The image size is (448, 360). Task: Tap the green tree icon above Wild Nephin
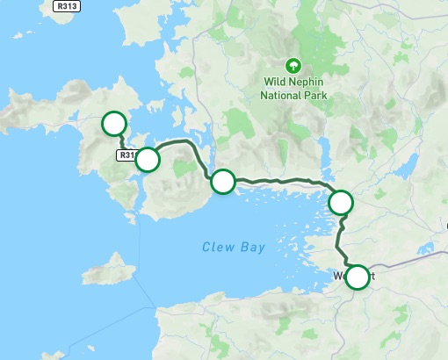pos(293,65)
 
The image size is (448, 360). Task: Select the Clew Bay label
pos(232,248)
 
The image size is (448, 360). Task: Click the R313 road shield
pos(64,7)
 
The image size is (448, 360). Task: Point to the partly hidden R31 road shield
pos(126,155)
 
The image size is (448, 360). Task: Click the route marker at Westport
pos(357,277)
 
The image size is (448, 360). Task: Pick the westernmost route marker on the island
pos(113,124)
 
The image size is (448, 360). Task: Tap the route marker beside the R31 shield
pos(148,160)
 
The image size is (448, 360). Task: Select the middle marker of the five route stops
pos(223,182)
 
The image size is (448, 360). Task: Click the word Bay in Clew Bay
pos(251,248)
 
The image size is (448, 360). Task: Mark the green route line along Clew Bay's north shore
pos(281,180)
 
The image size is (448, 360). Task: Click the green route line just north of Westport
pos(343,241)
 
